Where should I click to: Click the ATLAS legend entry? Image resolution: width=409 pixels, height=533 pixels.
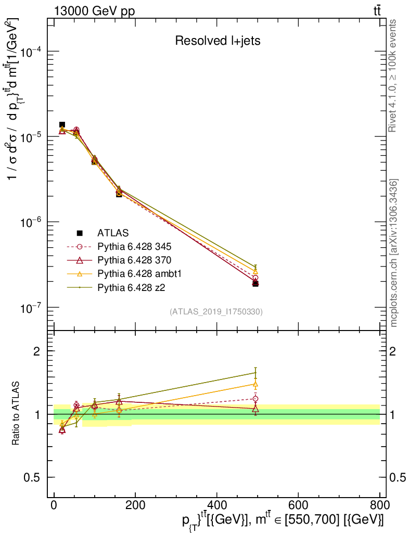113,233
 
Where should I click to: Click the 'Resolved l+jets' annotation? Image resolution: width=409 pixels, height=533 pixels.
218,41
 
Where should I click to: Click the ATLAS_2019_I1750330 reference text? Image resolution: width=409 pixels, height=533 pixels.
216,312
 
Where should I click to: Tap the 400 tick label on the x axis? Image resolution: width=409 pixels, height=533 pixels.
216,504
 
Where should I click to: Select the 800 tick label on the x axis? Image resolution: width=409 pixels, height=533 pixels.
379,504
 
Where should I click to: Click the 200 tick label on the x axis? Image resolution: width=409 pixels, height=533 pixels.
135,504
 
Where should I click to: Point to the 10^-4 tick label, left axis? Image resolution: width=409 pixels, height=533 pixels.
31,52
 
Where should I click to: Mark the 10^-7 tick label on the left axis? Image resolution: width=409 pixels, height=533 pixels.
31,308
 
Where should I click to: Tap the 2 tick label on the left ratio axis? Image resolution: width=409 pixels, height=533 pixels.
37,351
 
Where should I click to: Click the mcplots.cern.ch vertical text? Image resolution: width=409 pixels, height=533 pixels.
394,253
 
